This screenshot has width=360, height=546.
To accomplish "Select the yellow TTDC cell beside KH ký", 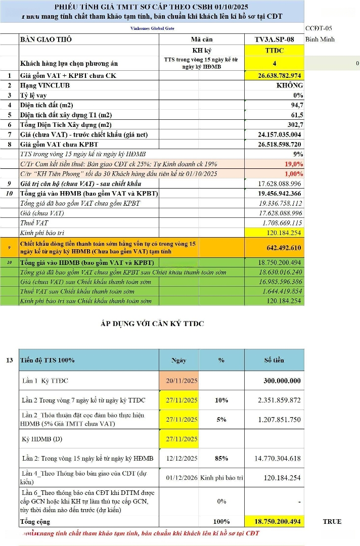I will (274, 51).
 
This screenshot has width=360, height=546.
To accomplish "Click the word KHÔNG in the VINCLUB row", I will (290, 85).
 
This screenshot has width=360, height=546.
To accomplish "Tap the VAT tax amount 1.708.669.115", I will (282, 222).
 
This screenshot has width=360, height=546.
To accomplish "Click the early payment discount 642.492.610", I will (284, 248).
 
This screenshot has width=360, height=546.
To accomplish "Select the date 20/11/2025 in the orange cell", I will (182, 381).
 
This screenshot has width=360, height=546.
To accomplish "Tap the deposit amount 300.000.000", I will (282, 381).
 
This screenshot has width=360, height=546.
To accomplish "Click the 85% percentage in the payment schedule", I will (221, 459).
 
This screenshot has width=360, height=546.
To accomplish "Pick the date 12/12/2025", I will (182, 459).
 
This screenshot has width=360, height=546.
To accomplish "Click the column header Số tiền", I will (274, 360).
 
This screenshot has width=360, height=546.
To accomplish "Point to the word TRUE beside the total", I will (332, 521).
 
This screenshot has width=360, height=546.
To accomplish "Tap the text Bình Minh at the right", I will (320, 39).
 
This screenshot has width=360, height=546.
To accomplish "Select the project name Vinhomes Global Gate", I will (153, 28).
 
